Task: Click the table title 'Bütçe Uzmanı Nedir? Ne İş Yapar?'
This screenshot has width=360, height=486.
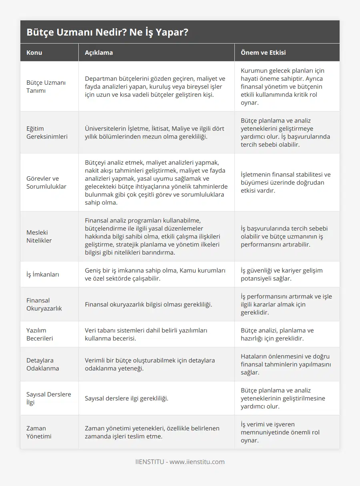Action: pyautogui.click(x=107, y=32)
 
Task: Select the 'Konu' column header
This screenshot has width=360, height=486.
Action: pyautogui.click(x=34, y=52)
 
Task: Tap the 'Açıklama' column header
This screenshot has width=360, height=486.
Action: pyautogui.click(x=99, y=52)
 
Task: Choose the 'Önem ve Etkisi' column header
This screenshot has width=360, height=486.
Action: pyautogui.click(x=263, y=52)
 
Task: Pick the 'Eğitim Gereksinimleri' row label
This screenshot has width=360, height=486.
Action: pyautogui.click(x=47, y=132)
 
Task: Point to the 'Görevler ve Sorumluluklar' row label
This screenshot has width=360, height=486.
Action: pyautogui.click(x=46, y=182)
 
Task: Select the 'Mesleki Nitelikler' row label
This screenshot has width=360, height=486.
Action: pyautogui.click(x=39, y=236)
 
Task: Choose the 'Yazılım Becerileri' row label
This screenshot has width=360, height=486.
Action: pyautogui.click(x=40, y=334)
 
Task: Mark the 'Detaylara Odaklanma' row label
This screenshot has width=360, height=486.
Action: pyautogui.click(x=42, y=364)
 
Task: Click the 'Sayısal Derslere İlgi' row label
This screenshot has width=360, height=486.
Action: pyautogui.click(x=48, y=398)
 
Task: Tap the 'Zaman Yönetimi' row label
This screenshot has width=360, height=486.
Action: pyautogui.click(x=39, y=432)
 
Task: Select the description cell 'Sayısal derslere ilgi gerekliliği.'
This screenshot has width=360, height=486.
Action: pyautogui.click(x=126, y=398)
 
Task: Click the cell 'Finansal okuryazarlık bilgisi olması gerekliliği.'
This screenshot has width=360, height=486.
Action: pyautogui.click(x=148, y=304)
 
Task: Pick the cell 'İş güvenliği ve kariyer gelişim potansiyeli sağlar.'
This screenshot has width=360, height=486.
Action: pyautogui.click(x=282, y=274)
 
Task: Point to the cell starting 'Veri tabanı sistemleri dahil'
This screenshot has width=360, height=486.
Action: pyautogui.click(x=146, y=334)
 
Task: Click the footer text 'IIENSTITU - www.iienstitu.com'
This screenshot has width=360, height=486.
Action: pyautogui.click(x=180, y=462)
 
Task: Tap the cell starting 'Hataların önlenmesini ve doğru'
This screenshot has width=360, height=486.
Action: pyautogui.click(x=285, y=364)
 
